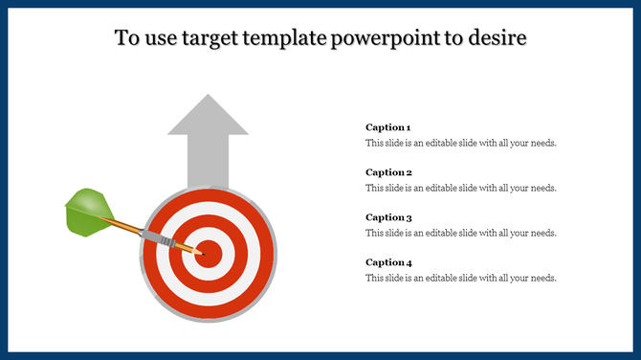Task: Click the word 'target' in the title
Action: click(x=206, y=38)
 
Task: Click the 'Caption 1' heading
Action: click(x=388, y=127)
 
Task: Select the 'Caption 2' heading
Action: click(x=388, y=172)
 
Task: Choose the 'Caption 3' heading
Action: click(x=388, y=217)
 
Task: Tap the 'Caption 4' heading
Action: click(x=388, y=262)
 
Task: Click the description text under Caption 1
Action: click(x=460, y=143)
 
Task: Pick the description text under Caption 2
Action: click(x=460, y=188)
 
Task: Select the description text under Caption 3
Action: click(x=460, y=233)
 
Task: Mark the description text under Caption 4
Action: click(x=460, y=278)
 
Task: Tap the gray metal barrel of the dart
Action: click(x=160, y=237)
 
